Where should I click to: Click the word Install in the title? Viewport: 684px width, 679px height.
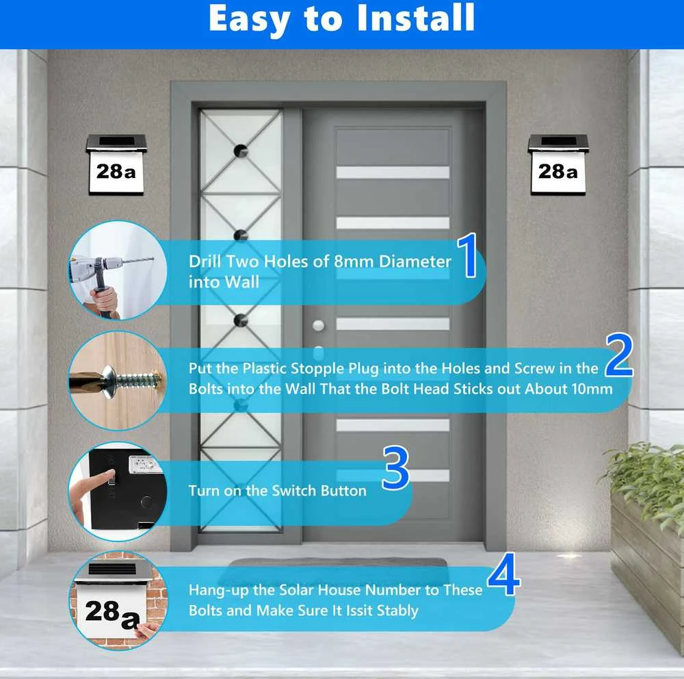pyautogui.click(x=416, y=18)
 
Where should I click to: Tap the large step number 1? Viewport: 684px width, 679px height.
pyautogui.click(x=468, y=255)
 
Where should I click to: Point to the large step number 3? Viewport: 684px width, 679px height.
pyautogui.click(x=395, y=467)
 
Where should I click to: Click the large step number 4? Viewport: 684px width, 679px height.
pyautogui.click(x=504, y=574)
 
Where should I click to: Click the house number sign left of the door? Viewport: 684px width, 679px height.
pyautogui.click(x=116, y=165)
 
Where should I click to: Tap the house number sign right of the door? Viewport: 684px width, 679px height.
pyautogui.click(x=558, y=165)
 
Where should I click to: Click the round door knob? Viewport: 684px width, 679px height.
pyautogui.click(x=319, y=325)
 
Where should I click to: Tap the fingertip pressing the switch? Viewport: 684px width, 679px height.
pyautogui.click(x=110, y=474)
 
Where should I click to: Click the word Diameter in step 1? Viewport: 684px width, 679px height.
pyautogui.click(x=415, y=261)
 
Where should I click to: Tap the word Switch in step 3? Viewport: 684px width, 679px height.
pyautogui.click(x=294, y=490)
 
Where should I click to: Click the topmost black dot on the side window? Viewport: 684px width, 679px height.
pyautogui.click(x=241, y=151)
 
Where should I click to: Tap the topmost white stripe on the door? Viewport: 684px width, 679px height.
pyautogui.click(x=393, y=172)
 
